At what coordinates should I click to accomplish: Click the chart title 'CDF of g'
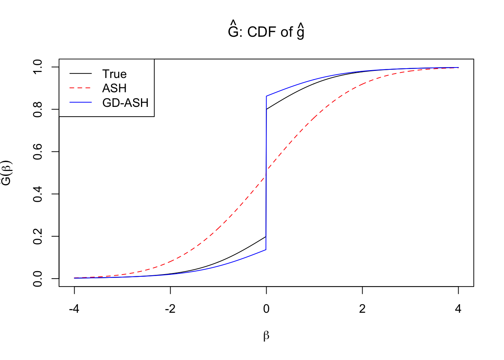(266, 32)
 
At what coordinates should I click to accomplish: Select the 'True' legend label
(114, 74)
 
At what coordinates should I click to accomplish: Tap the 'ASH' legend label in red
(114, 88)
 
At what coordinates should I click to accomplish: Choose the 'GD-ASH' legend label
(125, 102)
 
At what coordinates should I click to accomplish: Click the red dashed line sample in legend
(80, 88)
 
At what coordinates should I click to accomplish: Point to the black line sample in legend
(80, 74)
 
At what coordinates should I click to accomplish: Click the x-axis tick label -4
(74, 309)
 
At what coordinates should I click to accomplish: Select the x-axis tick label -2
(170, 309)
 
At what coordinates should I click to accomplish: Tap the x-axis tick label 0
(266, 309)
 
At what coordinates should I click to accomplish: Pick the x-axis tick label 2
(362, 309)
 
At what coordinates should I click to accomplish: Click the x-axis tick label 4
(458, 309)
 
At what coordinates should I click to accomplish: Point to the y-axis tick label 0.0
(38, 279)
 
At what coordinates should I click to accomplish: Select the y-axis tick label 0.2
(38, 236)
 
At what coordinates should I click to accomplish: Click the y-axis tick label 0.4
(38, 194)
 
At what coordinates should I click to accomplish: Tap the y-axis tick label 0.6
(38, 151)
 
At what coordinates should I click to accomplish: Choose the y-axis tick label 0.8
(38, 109)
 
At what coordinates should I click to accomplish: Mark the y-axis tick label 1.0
(38, 67)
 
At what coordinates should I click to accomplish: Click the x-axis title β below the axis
(266, 336)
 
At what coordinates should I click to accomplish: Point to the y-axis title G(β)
(7, 173)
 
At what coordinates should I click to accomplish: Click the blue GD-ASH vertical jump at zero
(266, 172)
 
